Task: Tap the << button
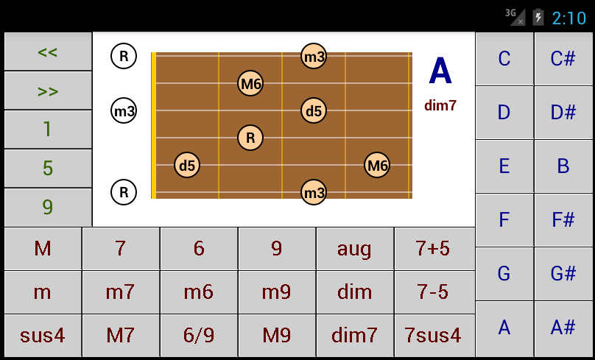48,52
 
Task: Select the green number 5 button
48,168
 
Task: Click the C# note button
563,58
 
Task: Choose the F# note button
563,219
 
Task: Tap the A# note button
563,328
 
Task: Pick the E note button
504,166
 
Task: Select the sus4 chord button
43,336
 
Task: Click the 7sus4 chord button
433,336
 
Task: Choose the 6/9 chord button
199,336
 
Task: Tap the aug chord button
355,249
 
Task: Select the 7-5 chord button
433,292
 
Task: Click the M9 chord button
277,336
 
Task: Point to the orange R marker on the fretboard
250,138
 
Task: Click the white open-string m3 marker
124,111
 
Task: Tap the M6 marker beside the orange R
250,83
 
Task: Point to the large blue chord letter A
440,71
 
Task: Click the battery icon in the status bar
538,18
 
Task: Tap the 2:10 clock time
569,18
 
